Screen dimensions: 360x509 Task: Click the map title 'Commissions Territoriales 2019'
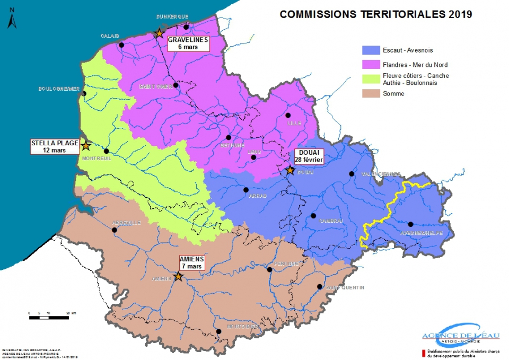click(375, 14)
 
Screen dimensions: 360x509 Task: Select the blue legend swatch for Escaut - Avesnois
click(370, 50)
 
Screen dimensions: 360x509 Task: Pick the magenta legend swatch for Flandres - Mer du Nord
click(370, 65)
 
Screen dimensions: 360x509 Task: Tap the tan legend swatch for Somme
click(370, 93)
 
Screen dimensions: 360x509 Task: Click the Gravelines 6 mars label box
click(189, 43)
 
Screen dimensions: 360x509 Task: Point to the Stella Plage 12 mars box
click(55, 146)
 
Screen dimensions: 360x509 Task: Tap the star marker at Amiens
click(178, 277)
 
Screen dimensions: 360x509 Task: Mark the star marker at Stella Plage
click(85, 145)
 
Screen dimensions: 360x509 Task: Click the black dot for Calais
click(121, 45)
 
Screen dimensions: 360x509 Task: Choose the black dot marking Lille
click(288, 115)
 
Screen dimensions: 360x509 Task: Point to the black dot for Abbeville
click(115, 230)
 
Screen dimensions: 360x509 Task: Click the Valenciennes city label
click(381, 174)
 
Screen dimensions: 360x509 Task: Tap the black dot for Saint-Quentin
click(319, 287)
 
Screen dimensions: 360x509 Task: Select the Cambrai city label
click(331, 221)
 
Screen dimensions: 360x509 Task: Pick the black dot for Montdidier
click(218, 331)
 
